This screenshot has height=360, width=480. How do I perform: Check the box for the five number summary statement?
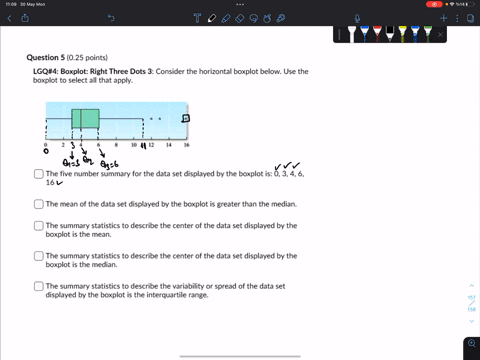pos(38,174)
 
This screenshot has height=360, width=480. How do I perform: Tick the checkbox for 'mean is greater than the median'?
pos(38,203)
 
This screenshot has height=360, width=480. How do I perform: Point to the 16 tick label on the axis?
pos(187,145)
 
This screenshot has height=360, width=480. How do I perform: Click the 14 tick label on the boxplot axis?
pos(169,145)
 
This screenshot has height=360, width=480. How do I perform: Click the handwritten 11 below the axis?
pos(144,146)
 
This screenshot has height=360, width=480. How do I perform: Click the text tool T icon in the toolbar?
pos(212,17)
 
